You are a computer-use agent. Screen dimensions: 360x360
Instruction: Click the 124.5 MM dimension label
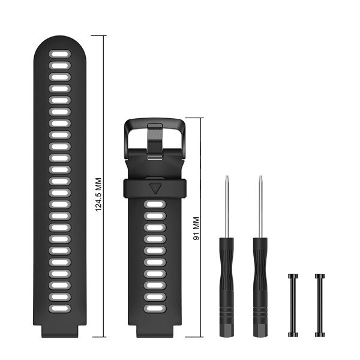coord(98,194)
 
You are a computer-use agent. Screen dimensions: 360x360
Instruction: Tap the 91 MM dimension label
coord(196,229)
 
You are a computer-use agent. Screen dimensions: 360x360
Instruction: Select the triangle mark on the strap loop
coord(155,188)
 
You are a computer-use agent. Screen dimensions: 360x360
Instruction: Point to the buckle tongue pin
coord(155,140)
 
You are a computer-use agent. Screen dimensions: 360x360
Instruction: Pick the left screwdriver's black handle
coord(226,287)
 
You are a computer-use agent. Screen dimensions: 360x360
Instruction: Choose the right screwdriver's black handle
coord(260,287)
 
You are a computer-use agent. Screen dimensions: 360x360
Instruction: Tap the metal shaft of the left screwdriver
coord(227,206)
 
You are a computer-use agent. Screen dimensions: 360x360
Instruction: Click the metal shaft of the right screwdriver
coord(260,206)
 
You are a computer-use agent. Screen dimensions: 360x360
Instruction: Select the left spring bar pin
coord(293,305)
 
